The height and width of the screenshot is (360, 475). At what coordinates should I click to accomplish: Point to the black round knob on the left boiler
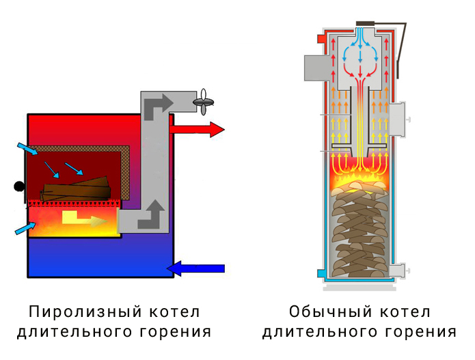[x=20, y=186]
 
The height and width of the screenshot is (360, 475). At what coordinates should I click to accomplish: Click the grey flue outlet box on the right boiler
[x=313, y=68]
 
